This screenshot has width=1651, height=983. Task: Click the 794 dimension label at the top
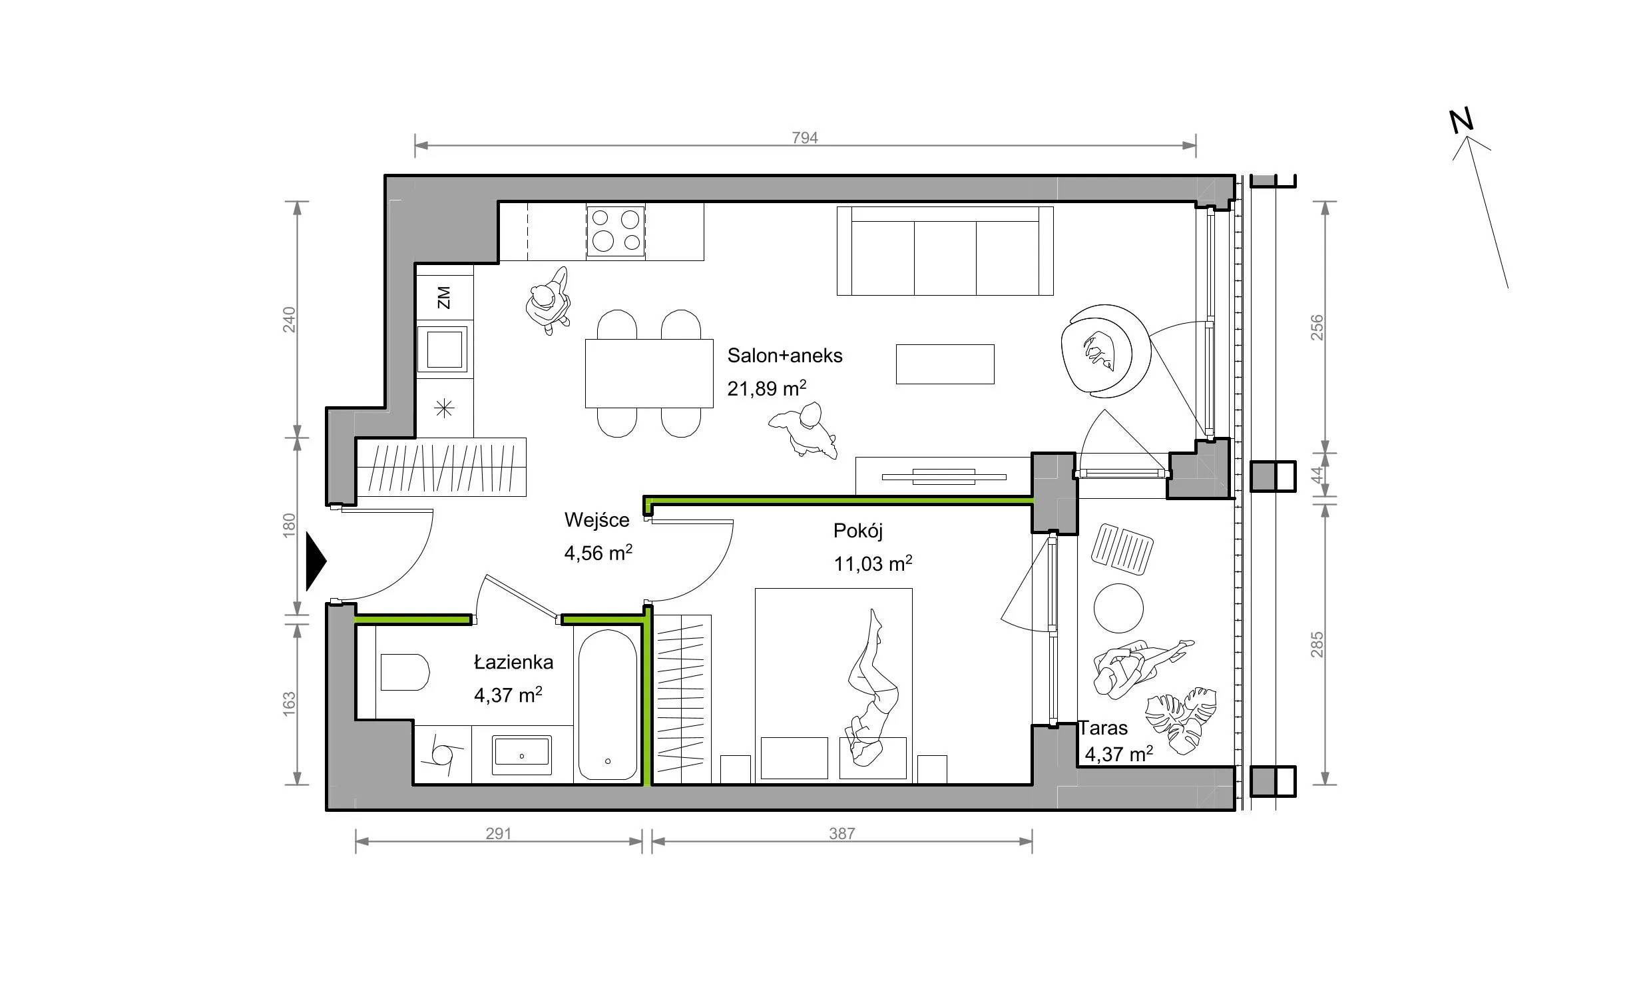pos(805,138)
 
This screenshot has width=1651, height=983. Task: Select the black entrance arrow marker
pos(316,561)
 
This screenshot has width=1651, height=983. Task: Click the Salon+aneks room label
pos(785,356)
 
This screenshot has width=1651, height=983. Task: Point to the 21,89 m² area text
pos(767,388)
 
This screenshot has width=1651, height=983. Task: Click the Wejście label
pos(596,519)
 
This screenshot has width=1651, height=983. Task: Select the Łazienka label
pos(513,662)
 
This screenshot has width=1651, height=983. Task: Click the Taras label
pos(1103,728)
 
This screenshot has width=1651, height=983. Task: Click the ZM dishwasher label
pos(443,298)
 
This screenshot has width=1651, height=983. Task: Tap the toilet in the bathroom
pos(404,672)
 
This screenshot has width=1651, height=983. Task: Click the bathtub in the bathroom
pos(607,705)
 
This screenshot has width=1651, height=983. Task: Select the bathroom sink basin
pos(521,755)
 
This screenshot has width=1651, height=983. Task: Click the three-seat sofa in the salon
pos(945,250)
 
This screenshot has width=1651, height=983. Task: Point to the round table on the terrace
pos(1118,608)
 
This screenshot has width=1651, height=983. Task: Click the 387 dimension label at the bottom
pos(841,833)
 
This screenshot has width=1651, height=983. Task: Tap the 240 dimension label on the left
pos(289,320)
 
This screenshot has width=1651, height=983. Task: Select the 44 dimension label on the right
pos(1317,475)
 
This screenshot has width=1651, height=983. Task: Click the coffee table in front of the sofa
pos(945,364)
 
